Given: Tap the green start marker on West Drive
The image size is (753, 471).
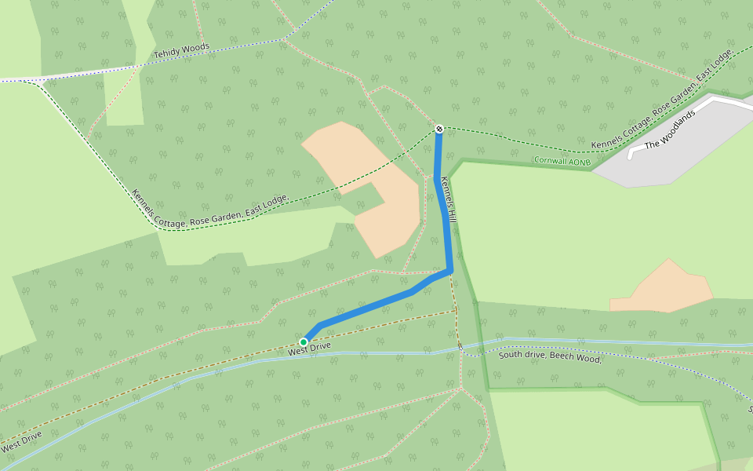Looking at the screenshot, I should [304, 342].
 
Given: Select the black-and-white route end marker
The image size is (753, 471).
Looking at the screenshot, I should [439, 128].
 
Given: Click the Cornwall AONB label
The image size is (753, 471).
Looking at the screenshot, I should [562, 160].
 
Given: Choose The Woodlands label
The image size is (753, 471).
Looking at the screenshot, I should [670, 130].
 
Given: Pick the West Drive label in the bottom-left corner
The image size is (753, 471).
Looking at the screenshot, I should [21, 442].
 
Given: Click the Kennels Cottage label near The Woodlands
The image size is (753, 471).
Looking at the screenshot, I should [663, 98].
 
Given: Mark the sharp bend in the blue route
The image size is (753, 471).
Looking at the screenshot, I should [450, 271].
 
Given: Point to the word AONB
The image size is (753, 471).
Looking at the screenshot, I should [579, 162].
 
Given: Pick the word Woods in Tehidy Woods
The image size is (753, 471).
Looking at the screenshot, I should [196, 49].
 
